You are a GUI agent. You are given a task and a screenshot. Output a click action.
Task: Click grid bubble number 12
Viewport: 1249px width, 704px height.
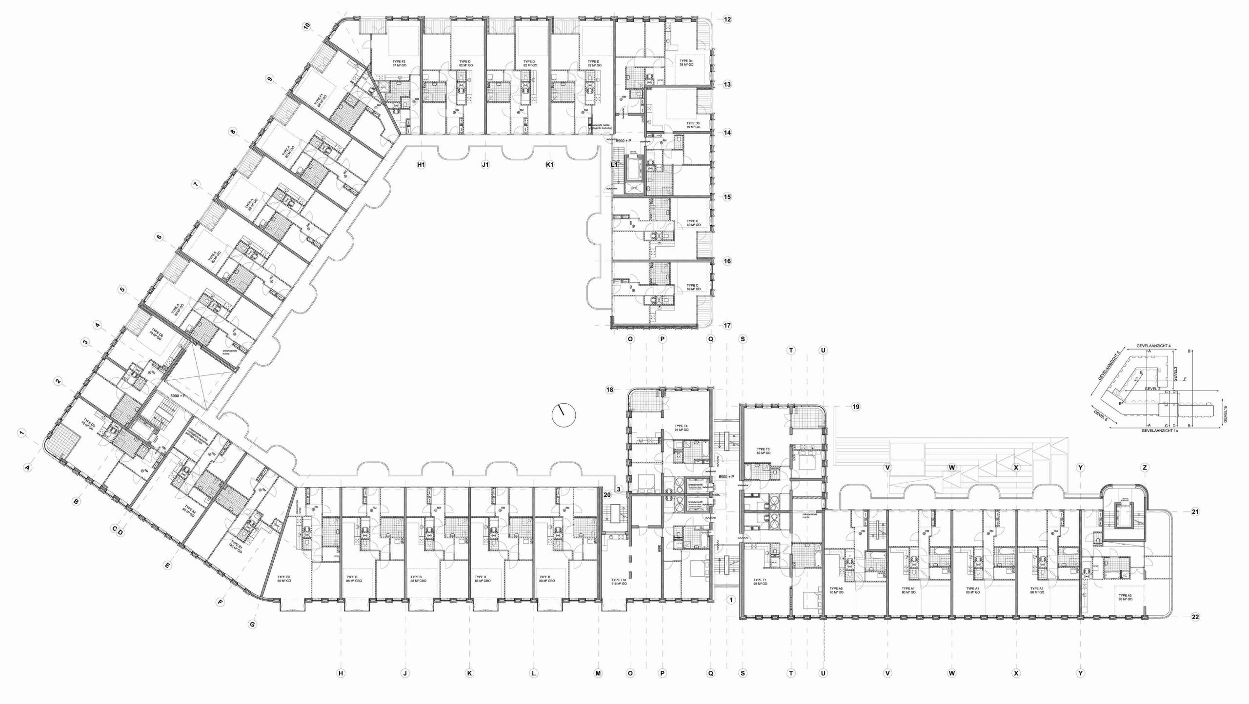coord(727,20)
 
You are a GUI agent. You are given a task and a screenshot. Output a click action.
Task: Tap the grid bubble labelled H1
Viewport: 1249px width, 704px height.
coord(421,165)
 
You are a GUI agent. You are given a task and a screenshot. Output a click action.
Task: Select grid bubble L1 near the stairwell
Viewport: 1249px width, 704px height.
coord(614,165)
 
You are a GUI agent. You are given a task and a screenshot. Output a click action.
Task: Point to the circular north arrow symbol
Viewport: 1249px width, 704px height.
coord(564,416)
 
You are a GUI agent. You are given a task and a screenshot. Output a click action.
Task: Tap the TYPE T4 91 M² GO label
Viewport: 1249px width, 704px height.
coord(681,428)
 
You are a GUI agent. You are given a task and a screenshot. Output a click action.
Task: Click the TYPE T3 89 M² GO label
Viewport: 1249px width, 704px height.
coord(763,451)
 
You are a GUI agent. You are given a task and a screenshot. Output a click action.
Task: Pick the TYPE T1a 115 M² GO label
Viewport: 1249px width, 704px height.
coord(619,582)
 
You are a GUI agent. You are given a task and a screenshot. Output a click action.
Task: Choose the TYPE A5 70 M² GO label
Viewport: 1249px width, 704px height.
coord(836,590)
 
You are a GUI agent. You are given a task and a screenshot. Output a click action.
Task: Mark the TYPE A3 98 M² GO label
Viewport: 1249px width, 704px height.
coord(1125,597)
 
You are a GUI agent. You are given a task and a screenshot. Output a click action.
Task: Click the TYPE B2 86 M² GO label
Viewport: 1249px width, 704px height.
coord(284,579)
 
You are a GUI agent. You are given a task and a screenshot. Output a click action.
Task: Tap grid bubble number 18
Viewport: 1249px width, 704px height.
coord(609,390)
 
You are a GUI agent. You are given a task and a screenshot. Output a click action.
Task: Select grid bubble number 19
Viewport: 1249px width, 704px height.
coord(855,407)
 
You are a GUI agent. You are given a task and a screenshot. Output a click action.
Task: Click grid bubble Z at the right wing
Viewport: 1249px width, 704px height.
coord(1144,468)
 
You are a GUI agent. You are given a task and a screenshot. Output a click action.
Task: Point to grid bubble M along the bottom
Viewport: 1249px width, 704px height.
coord(598,673)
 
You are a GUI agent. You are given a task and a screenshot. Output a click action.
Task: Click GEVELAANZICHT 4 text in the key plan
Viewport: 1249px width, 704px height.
coord(1153,346)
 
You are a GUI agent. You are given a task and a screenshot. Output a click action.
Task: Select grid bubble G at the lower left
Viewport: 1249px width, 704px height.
coord(252,624)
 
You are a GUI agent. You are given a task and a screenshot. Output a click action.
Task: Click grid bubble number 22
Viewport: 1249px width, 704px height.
coord(1195,617)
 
